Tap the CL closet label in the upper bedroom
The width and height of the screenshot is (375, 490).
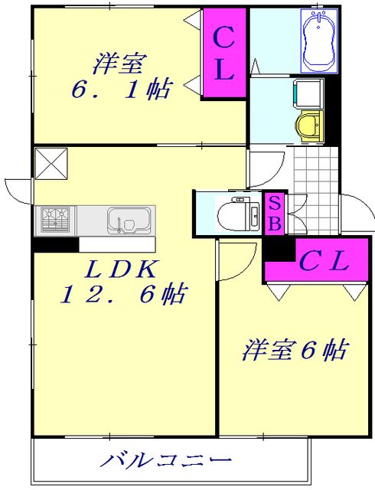[x=223, y=54]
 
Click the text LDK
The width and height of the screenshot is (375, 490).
[x=122, y=269]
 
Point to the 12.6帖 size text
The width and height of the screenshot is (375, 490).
[x=127, y=295]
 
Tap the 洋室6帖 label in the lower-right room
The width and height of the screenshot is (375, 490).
[x=295, y=351]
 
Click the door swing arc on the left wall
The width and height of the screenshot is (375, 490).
[x=17, y=188]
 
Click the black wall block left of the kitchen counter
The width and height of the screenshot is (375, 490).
[x=55, y=246]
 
